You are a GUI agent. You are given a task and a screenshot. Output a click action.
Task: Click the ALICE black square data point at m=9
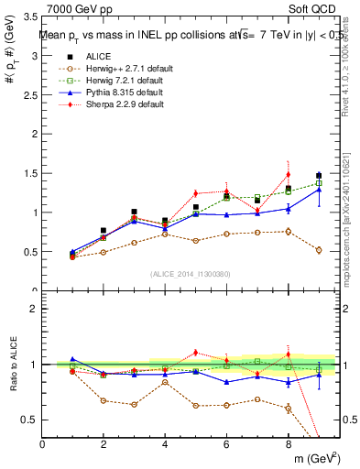[319, 176]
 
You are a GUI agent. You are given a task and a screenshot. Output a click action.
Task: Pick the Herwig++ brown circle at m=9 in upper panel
[319, 250]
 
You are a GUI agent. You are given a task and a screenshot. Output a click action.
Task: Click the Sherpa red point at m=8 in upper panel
[288, 174]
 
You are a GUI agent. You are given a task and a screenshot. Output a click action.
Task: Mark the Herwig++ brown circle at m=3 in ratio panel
[134, 404]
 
